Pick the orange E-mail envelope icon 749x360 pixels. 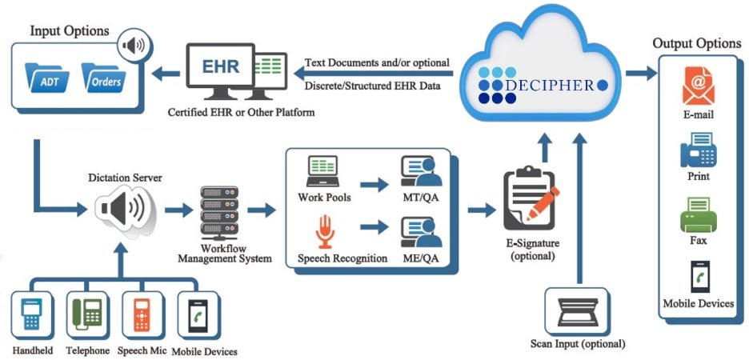click(x=698, y=86)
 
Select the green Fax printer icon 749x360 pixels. click(x=698, y=214)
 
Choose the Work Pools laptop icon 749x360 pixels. click(x=325, y=171)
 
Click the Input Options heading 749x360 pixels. click(x=70, y=30)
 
